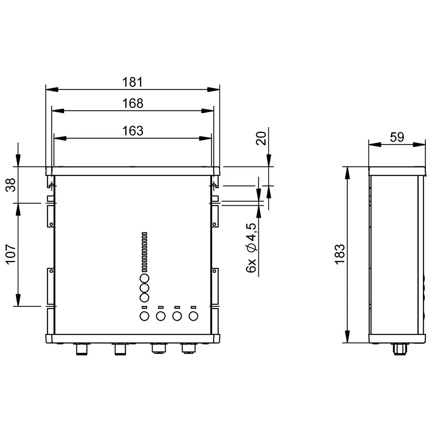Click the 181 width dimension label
click(x=133, y=82)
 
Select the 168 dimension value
click(x=133, y=103)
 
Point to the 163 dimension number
click(x=133, y=131)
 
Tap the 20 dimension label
click(x=261, y=139)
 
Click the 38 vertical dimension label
click(x=11, y=184)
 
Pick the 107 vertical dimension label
click(x=11, y=255)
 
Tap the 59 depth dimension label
click(x=396, y=137)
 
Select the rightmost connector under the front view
click(x=188, y=348)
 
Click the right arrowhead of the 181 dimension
click(x=214, y=89)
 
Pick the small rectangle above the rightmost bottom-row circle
click(x=193, y=307)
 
